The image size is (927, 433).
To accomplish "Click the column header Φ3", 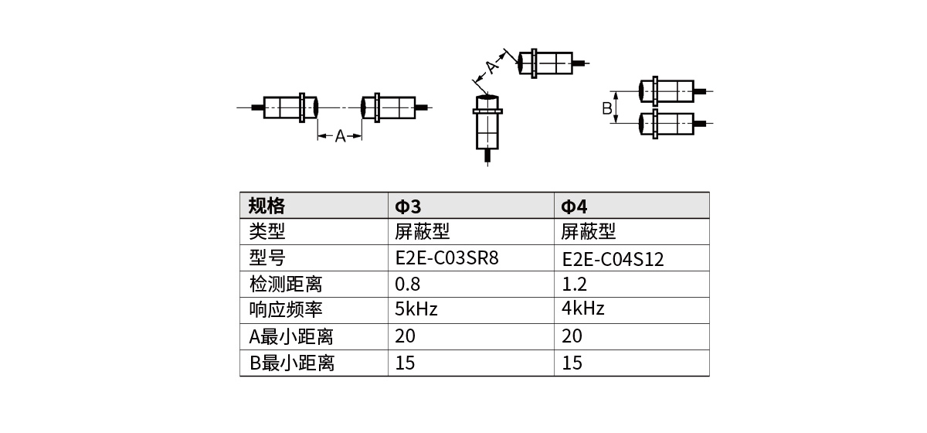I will point(408,206).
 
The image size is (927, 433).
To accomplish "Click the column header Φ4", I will point(574,206).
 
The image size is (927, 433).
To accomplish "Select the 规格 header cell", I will point(267,206).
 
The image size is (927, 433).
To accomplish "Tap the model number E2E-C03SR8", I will point(447,257).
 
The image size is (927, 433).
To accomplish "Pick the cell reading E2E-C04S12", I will point(613,259).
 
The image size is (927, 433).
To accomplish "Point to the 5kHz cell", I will point(416,309).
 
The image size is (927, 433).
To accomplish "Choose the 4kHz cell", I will point(583,309).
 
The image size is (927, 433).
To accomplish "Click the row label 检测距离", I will point(285,284).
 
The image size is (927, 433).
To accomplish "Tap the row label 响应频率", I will point(285,310).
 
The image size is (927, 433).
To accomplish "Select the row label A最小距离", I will point(291,336).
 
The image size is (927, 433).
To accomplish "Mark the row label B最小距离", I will point(291,363).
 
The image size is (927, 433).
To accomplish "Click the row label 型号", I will point(267,257).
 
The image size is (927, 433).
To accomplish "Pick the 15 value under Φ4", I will point(572,363).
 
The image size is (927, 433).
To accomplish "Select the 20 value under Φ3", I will point(405,336).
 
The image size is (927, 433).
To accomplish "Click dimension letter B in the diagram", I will point(607,108).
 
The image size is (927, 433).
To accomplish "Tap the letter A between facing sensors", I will point(340,136).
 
